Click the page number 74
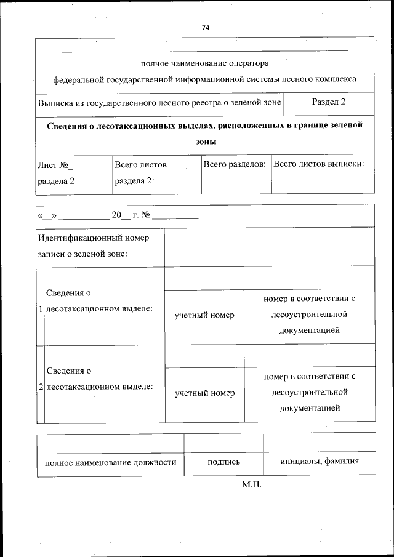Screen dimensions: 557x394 coord(206,28)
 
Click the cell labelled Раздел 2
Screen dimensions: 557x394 coord(328,102)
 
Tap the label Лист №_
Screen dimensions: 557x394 coord(55,165)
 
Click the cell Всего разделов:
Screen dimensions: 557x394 coord(235,164)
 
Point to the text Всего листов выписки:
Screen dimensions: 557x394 coord(318,164)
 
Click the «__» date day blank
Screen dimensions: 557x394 coord(47,216)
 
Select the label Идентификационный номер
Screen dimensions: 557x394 coord(93,238)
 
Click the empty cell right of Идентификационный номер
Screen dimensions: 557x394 coord(269,246)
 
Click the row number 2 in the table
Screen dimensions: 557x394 coord(41,387)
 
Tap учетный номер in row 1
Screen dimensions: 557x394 coord(204,315)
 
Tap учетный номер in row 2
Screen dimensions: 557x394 coord(204,393)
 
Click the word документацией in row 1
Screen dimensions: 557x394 coord(309,331)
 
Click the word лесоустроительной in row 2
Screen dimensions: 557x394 coord(309,392)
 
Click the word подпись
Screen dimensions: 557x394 coord(223,462)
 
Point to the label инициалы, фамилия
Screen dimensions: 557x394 coord(319,462)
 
